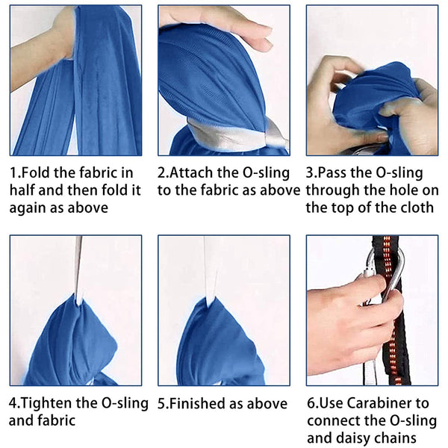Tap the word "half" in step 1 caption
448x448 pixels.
coord(22,190)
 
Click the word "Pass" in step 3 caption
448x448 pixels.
coord(332,173)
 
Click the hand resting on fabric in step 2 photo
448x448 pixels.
coord(217,25)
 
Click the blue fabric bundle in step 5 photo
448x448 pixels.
coord(220,343)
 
